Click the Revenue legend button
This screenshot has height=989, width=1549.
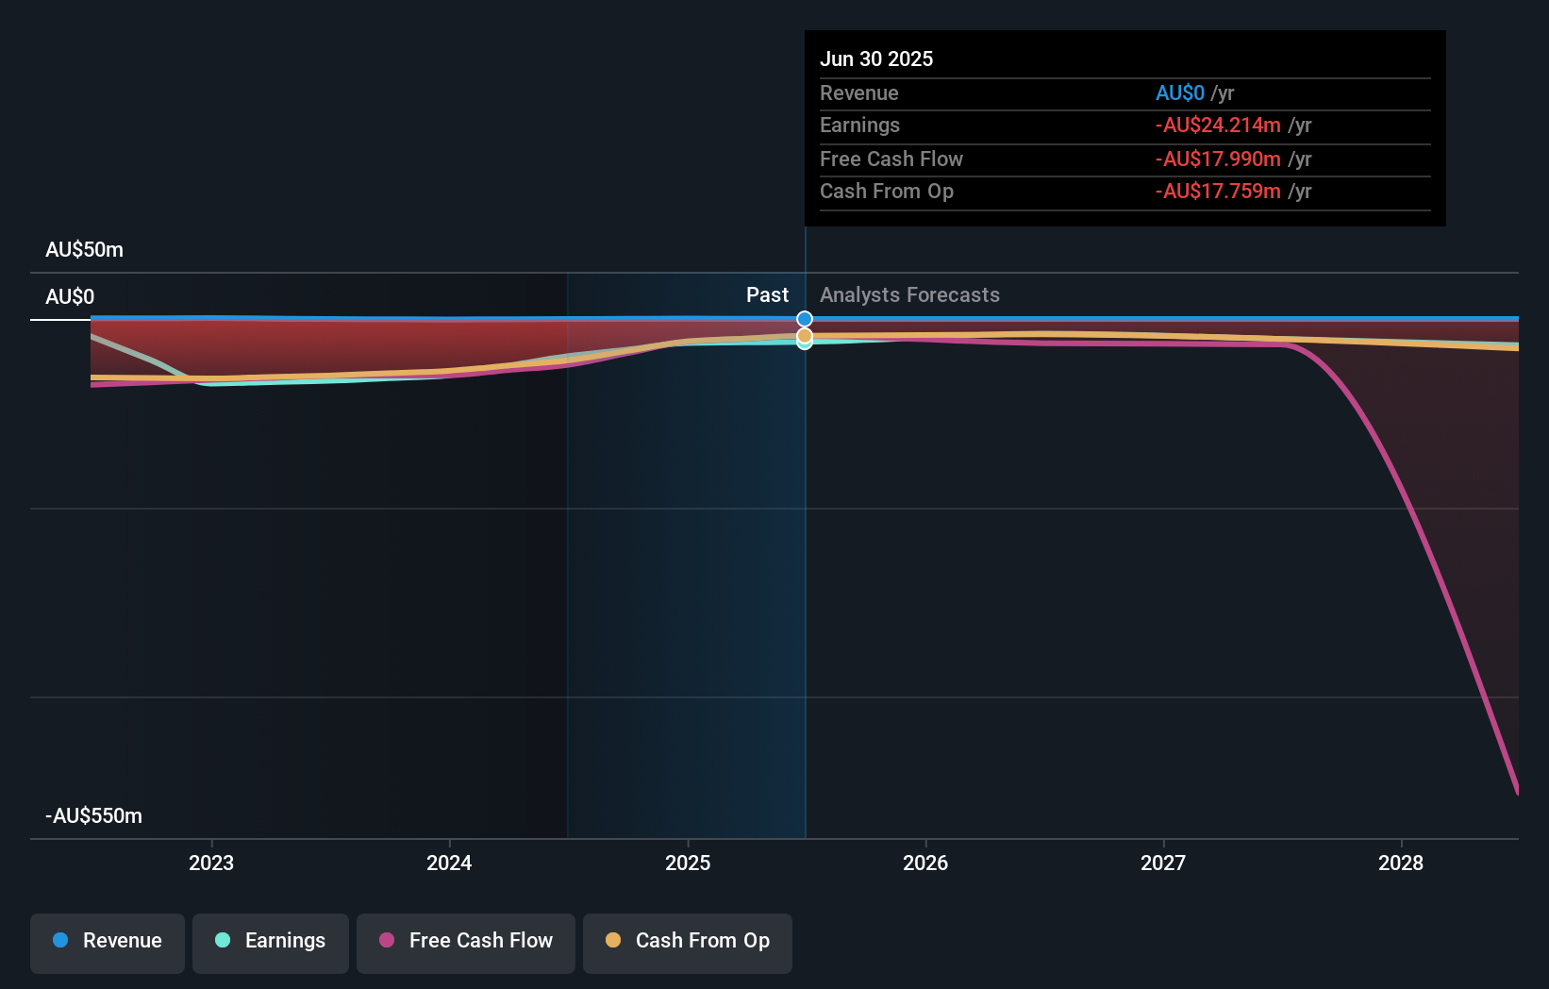point(108,941)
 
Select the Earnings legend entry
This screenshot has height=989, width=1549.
point(271,941)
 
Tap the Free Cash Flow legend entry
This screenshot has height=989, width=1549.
point(466,941)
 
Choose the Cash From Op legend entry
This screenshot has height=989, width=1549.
point(688,941)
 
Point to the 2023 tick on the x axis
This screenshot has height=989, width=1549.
point(211,863)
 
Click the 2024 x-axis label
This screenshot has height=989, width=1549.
point(449,863)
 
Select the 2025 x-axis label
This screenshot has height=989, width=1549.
point(688,863)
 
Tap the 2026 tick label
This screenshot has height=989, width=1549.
point(925,863)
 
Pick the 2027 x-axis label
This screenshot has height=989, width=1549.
point(1163,863)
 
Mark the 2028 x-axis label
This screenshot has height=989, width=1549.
point(1401,863)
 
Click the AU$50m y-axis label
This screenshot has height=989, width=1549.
point(84,250)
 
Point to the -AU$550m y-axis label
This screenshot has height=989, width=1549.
point(93,816)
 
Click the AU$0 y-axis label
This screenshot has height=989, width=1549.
point(70,297)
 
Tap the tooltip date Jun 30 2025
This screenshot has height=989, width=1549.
point(876,59)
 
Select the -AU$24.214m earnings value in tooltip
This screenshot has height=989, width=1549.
point(1218,126)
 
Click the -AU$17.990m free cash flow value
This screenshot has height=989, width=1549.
point(1218,159)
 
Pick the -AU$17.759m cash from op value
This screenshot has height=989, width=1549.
point(1218,192)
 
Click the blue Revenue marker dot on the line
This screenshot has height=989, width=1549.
point(805,319)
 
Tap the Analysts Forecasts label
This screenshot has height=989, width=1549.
point(909,295)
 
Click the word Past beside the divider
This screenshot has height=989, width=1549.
point(767,295)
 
